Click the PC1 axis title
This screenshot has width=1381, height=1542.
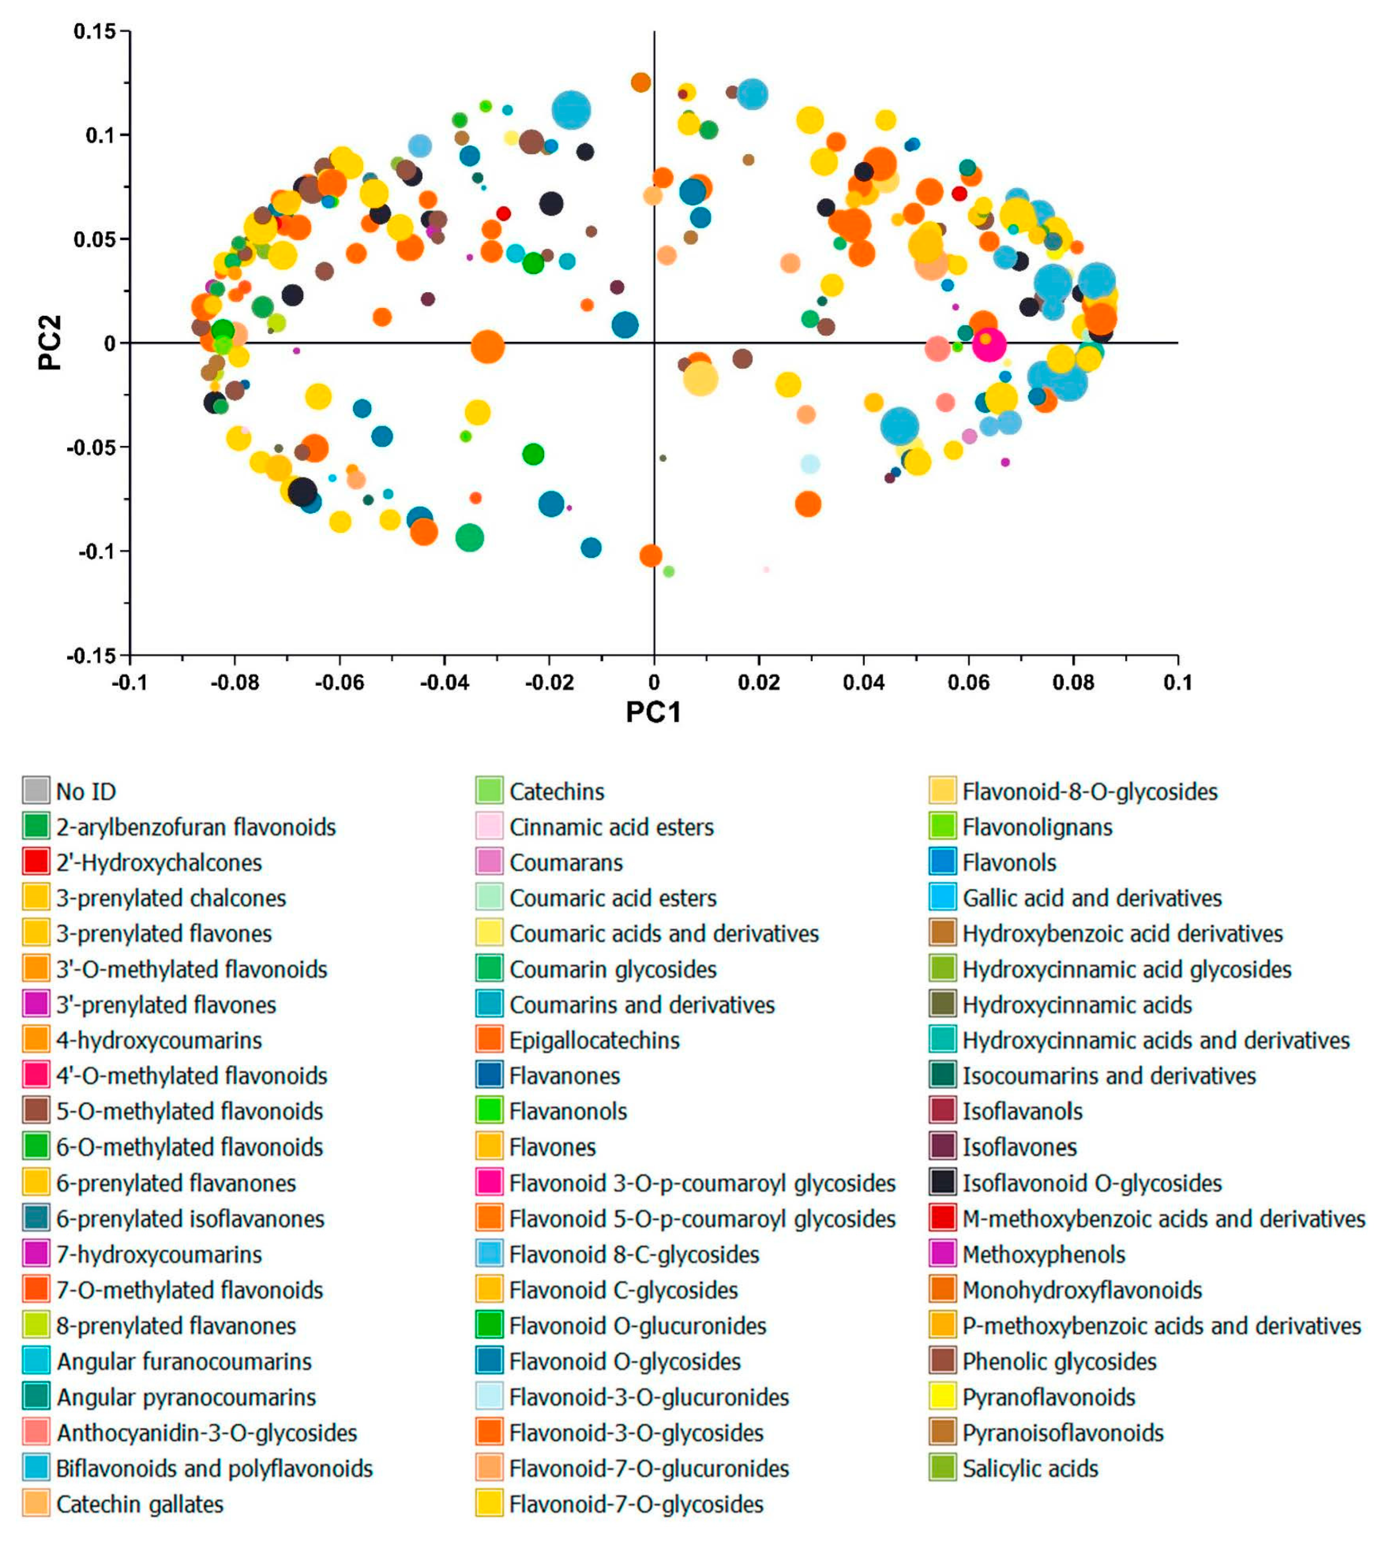coord(653,712)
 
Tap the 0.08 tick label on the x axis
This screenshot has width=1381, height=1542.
coord(1073,682)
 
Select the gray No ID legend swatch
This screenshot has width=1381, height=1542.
coord(36,790)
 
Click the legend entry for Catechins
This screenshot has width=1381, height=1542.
coord(556,791)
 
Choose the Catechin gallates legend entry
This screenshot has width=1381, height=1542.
coord(139,1504)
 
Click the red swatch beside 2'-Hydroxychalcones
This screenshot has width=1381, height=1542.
coord(36,861)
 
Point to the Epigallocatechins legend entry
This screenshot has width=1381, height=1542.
coord(594,1041)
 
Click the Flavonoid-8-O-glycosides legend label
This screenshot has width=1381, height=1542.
coord(1090,791)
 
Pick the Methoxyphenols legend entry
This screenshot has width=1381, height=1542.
coord(1043,1254)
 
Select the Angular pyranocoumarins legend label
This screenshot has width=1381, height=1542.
coord(186,1397)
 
